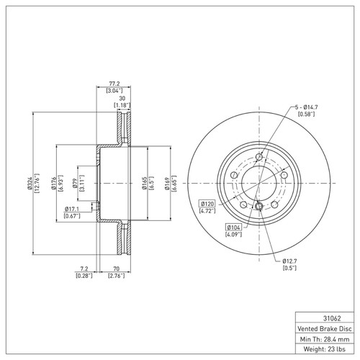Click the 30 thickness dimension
click(x=122, y=99)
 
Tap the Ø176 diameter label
click(x=54, y=185)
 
